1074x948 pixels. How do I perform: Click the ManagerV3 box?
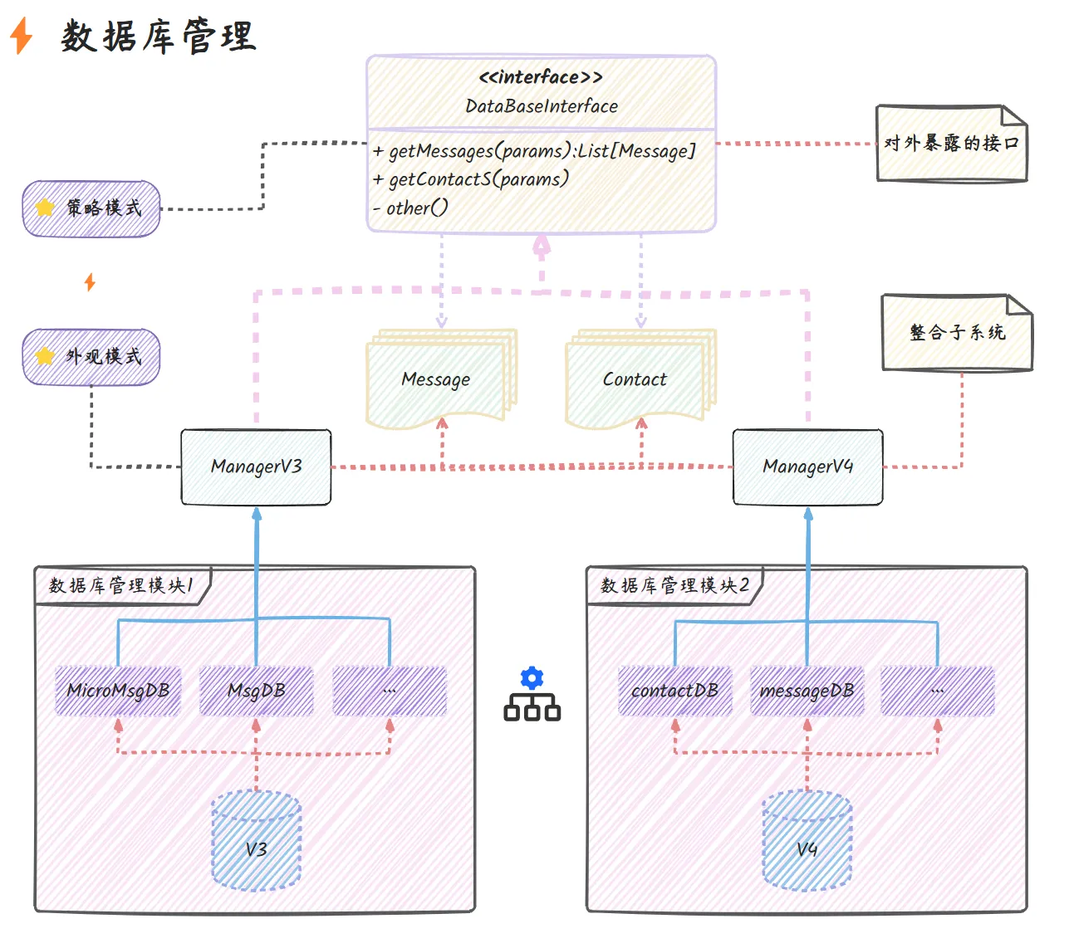coord(256,467)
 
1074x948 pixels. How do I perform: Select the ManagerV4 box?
coord(807,467)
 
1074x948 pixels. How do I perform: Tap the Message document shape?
coord(436,380)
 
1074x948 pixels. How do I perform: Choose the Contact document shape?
coord(635,380)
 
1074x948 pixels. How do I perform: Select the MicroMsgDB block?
coord(118,691)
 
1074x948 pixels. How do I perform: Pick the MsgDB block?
coord(257,691)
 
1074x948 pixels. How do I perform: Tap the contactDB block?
coord(674,691)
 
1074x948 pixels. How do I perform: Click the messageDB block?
coord(807,691)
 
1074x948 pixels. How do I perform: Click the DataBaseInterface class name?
coord(542,106)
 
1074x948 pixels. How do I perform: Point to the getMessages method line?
coord(534,151)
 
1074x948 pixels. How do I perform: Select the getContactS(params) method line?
coord(471,179)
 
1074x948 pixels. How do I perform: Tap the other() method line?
coord(411,208)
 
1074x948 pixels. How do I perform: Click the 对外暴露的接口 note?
coord(952,144)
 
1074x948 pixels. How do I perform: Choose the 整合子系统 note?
coord(957,333)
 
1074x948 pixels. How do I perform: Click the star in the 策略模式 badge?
coord(45,208)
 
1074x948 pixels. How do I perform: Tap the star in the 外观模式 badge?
coord(45,356)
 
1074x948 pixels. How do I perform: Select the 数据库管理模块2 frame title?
coord(674,586)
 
